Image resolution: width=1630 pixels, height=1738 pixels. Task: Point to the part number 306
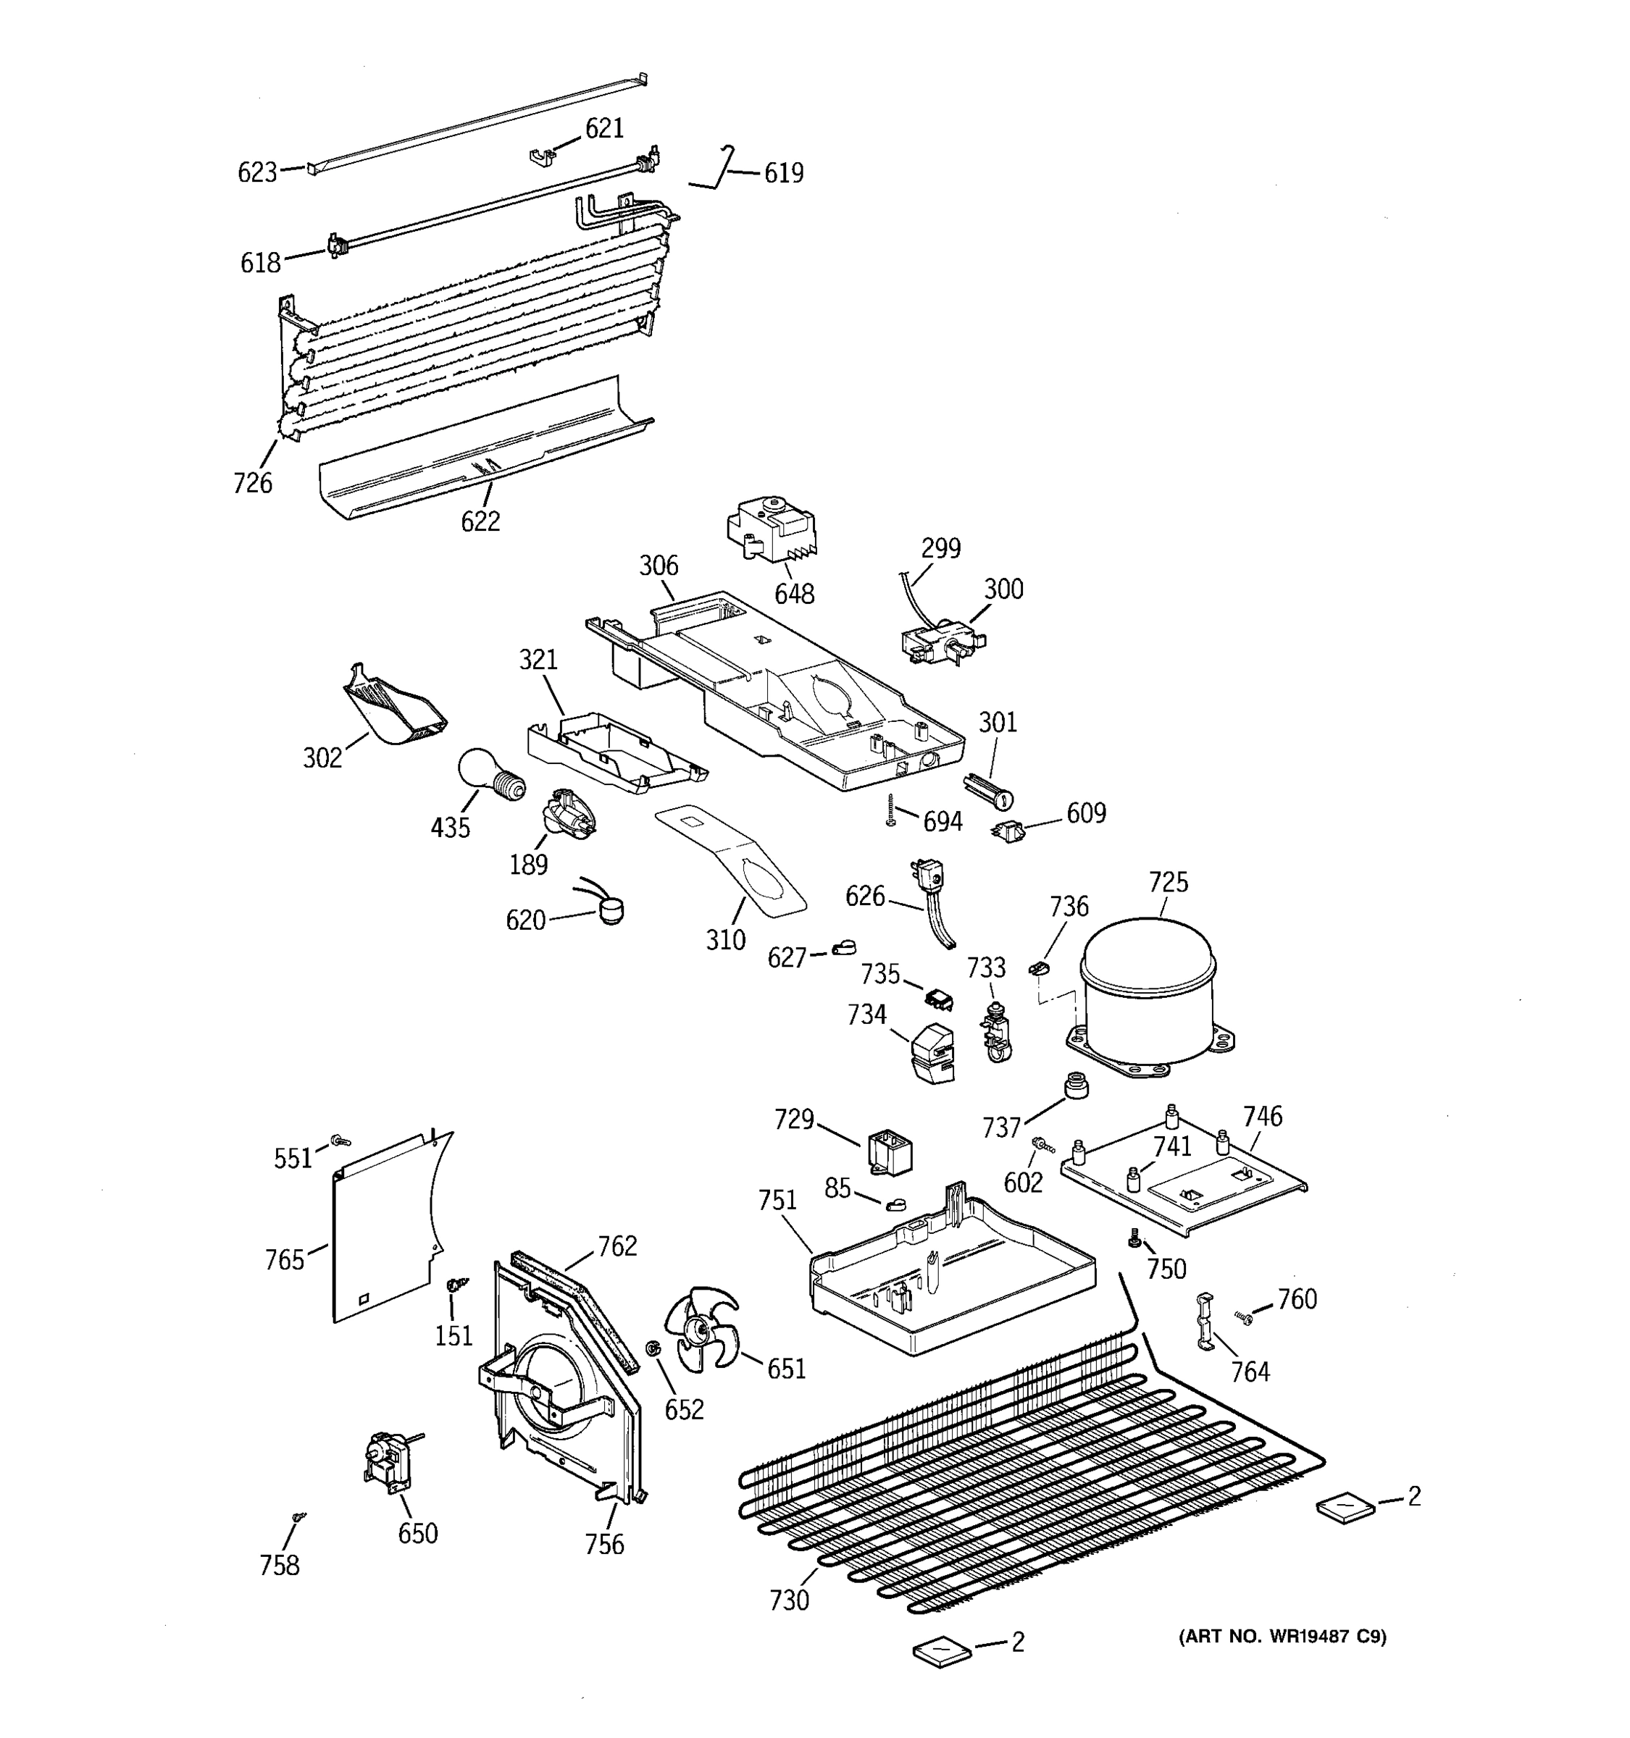click(659, 566)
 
